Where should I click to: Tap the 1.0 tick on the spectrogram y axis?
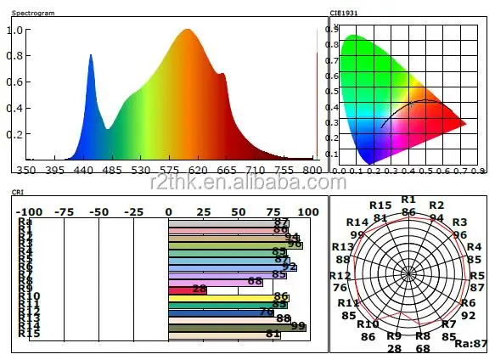[14, 30]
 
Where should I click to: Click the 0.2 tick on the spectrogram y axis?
[14, 135]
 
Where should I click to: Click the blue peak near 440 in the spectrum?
[91, 58]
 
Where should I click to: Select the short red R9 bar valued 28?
[188, 290]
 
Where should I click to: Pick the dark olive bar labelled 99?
[237, 326]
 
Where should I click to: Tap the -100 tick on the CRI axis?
[29, 211]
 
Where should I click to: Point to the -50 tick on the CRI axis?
[99, 211]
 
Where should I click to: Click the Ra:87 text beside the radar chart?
[471, 344]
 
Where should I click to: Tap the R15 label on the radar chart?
[380, 206]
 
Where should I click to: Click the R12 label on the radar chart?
[340, 276]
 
